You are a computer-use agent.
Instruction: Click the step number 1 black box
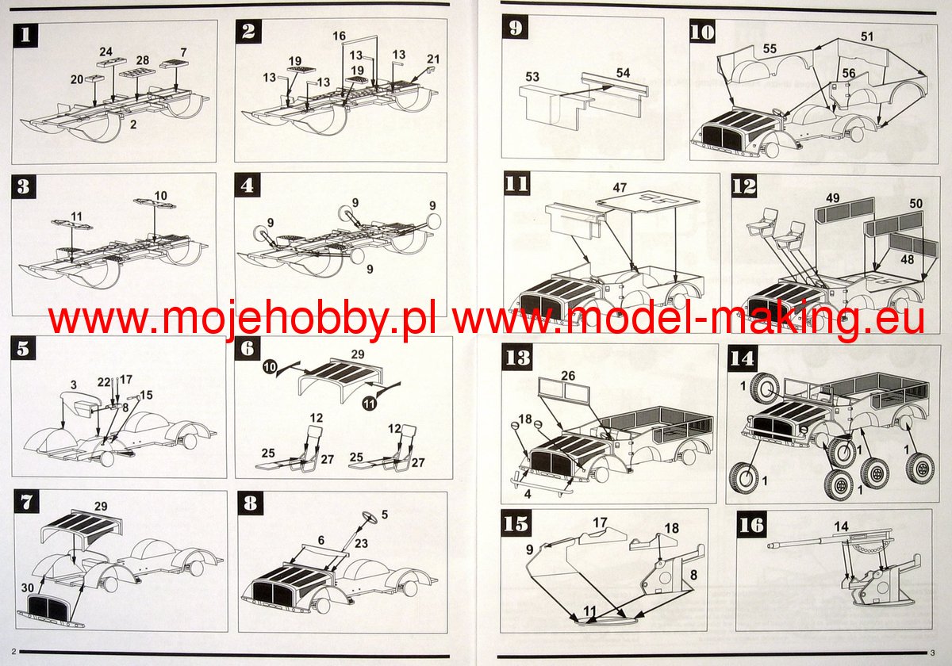pyautogui.click(x=25, y=35)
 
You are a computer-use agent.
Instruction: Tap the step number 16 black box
pyautogui.click(x=751, y=526)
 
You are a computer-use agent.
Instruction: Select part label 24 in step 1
pyautogui.click(x=106, y=52)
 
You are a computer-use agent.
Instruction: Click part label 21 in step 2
pyautogui.click(x=433, y=59)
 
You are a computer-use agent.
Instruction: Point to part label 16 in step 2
pyautogui.click(x=340, y=36)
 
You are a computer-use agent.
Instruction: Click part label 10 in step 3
pyautogui.click(x=160, y=196)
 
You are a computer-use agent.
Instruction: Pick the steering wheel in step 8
pyautogui.click(x=370, y=518)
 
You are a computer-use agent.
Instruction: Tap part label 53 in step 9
pyautogui.click(x=532, y=77)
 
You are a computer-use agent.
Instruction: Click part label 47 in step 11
pyautogui.click(x=620, y=188)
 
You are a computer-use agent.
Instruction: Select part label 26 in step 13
pyautogui.click(x=568, y=376)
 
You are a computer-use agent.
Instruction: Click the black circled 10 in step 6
pyautogui.click(x=270, y=366)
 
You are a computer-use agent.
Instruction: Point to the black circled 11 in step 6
pyautogui.click(x=370, y=403)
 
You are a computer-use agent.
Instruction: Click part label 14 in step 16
pyautogui.click(x=841, y=526)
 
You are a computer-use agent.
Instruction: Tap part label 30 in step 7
pyautogui.click(x=28, y=588)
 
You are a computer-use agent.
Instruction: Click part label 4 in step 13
pyautogui.click(x=528, y=494)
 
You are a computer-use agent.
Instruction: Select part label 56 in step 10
pyautogui.click(x=849, y=74)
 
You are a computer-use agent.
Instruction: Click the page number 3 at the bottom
pyautogui.click(x=932, y=653)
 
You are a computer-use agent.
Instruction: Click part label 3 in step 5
pyautogui.click(x=74, y=385)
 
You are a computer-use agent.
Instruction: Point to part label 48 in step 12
pyautogui.click(x=907, y=259)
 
